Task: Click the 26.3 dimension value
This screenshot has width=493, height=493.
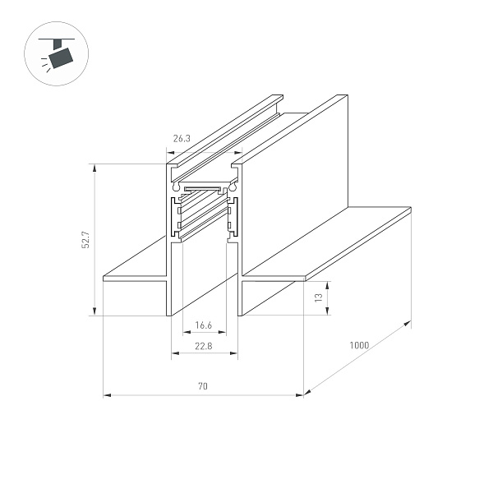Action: click(182, 139)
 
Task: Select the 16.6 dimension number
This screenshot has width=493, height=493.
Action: click(203, 326)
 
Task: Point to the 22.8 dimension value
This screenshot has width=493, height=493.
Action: click(203, 345)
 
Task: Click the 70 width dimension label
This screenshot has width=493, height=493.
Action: click(203, 386)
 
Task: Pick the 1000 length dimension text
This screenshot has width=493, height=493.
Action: click(358, 345)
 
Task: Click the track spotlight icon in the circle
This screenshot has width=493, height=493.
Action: click(59, 56)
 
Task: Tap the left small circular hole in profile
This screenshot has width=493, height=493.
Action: click(175, 188)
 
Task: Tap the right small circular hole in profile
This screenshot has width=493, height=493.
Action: click(233, 188)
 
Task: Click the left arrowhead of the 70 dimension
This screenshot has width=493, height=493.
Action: click(107, 395)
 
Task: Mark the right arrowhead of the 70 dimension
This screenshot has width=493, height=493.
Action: click(301, 395)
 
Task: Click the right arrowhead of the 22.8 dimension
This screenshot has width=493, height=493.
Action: click(236, 355)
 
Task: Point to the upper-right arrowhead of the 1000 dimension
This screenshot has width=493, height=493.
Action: click(408, 325)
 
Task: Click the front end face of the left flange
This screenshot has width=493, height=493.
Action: click(135, 280)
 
